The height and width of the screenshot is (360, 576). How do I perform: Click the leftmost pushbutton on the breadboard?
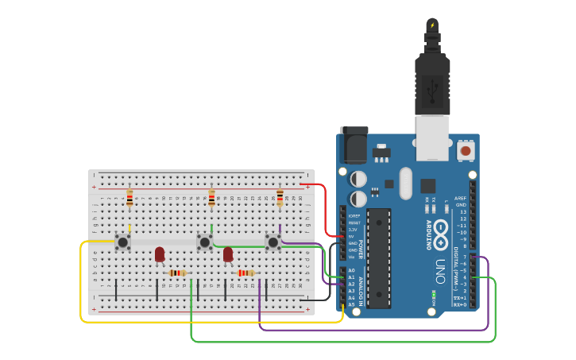click(122, 242)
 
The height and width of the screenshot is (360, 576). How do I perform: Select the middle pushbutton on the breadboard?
click(204, 242)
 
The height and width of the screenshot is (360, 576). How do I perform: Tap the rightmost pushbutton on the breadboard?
click(273, 242)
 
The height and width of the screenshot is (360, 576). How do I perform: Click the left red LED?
click(160, 254)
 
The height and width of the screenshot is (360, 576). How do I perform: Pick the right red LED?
click(228, 254)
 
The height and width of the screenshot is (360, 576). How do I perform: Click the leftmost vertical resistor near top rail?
click(130, 199)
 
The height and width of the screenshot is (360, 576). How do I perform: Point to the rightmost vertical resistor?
click(280, 198)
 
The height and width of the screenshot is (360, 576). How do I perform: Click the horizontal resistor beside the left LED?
click(178, 273)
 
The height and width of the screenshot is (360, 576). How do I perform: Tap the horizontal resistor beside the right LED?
click(246, 273)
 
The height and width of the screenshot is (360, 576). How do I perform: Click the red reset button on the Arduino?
click(466, 150)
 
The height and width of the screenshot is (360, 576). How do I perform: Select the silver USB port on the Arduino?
click(432, 137)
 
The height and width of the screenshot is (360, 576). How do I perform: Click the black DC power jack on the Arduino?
click(354, 146)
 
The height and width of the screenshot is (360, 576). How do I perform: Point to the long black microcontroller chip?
click(379, 258)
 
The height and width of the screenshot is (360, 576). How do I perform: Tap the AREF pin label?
click(461, 198)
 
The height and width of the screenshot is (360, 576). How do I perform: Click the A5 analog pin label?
click(351, 304)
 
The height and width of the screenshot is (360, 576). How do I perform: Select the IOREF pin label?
click(354, 215)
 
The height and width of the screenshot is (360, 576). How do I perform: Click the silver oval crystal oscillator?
click(406, 183)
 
